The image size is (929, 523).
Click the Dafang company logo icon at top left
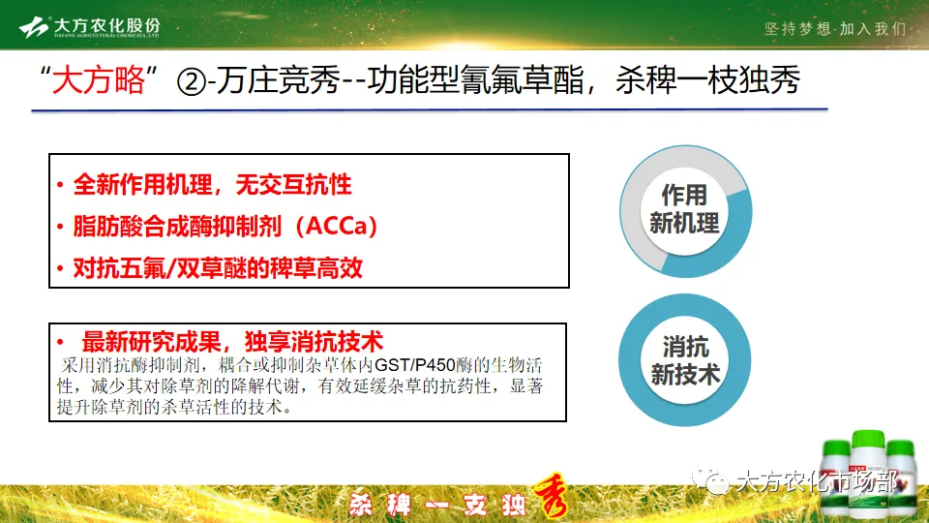click(x=35, y=27)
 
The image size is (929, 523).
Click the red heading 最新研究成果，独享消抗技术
click(x=232, y=341)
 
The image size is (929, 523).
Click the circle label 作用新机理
click(x=684, y=209)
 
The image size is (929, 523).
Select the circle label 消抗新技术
click(x=684, y=360)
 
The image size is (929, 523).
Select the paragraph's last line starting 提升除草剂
click(x=174, y=407)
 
